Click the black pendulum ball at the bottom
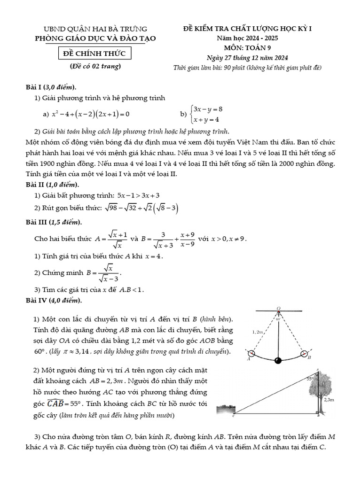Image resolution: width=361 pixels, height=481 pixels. pyautogui.click(x=278, y=361)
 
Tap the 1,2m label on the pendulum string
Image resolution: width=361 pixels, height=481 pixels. pyautogui.click(x=257, y=332)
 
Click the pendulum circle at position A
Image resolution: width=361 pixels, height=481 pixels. pyautogui.click(x=251, y=354)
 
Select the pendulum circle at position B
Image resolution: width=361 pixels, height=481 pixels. pyautogui.click(x=305, y=353)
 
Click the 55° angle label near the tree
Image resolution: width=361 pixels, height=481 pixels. pyautogui.click(x=310, y=378)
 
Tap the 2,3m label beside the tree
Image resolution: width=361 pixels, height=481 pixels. pyautogui.click(x=329, y=400)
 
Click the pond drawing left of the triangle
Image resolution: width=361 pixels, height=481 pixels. pyautogui.click(x=226, y=410)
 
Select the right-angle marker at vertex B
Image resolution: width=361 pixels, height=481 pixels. pyautogui.click(x=317, y=413)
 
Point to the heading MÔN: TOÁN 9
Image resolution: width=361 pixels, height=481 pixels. pyautogui.click(x=247, y=47)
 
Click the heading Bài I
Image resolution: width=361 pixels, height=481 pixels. pyautogui.click(x=34, y=87)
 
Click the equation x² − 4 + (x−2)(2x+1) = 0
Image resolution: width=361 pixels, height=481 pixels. pyautogui.click(x=90, y=114)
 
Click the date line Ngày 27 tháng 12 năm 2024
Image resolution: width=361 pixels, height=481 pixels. pyautogui.click(x=247, y=58)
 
